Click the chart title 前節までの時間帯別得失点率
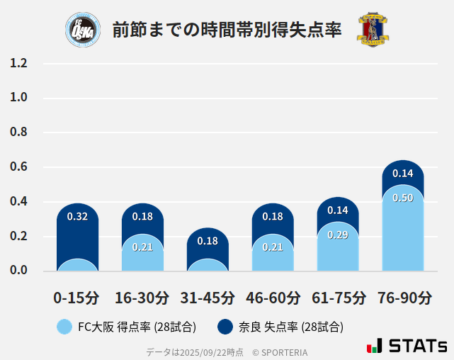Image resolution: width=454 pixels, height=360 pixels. tap(227, 30)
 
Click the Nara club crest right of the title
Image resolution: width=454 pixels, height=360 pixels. tap(373, 30)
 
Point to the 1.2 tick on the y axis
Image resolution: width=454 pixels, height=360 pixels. tap(18, 63)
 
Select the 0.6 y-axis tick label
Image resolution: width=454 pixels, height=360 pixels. tap(18, 167)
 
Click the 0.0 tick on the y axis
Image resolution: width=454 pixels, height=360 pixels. tap(18, 271)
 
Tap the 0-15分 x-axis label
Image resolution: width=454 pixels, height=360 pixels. tap(77, 298)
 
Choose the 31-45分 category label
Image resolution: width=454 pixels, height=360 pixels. tap(208, 298)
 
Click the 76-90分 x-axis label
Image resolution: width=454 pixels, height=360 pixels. tap(403, 298)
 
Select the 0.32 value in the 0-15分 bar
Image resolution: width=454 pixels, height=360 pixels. tap(77, 217)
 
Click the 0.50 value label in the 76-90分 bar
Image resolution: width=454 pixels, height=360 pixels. tap(403, 198)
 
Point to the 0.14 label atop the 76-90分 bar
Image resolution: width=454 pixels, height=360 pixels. tap(403, 173)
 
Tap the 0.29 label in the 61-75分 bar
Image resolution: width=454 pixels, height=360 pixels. tap(338, 235)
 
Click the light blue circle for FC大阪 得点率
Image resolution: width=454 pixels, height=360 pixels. tap(64, 327)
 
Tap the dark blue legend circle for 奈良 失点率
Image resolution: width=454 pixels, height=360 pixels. tap(225, 327)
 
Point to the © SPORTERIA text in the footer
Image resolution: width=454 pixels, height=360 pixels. tap(280, 352)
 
